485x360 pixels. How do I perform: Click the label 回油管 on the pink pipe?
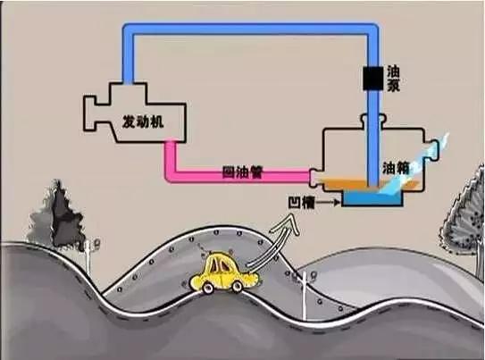[242, 172]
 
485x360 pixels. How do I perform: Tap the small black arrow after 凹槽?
[328, 203]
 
